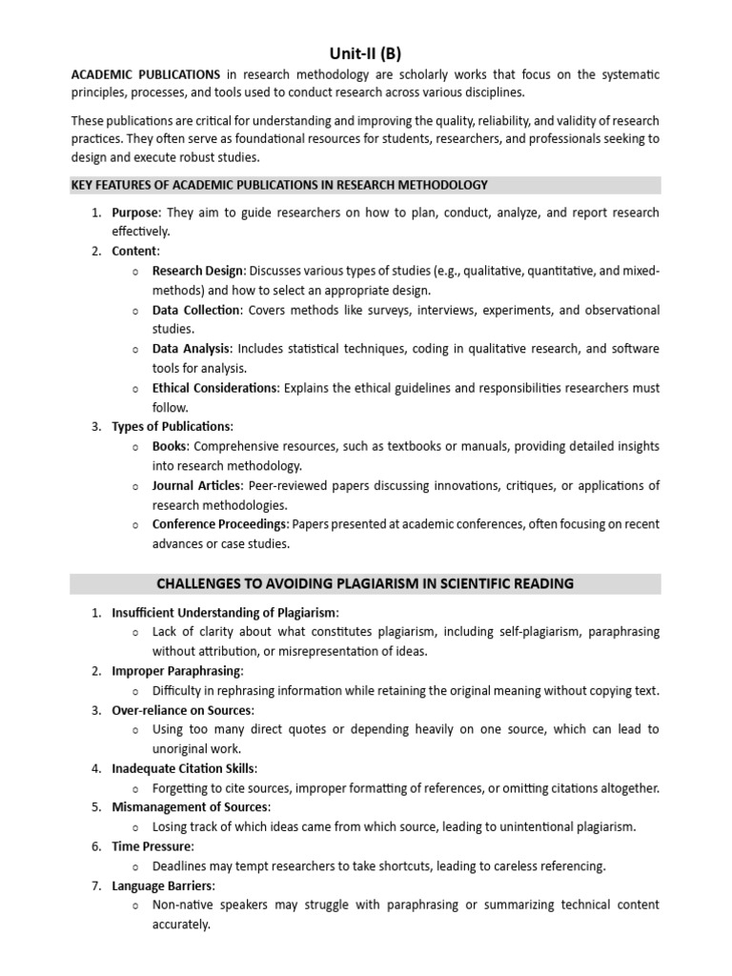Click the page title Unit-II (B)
366,54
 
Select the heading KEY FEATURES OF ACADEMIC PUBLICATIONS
279,185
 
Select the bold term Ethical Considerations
214,388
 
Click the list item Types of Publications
171,426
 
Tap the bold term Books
170,446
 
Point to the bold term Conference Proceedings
219,524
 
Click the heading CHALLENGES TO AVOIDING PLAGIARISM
366,583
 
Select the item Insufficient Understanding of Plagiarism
224,612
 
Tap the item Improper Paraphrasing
175,670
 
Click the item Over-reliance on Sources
182,709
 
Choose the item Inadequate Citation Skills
184,768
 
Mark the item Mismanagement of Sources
187,807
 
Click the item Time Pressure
152,845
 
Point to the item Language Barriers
163,884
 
